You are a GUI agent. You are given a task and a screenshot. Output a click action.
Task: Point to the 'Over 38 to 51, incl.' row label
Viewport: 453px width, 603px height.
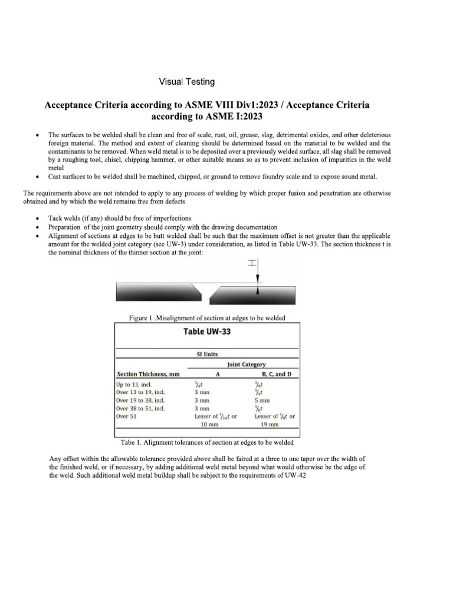(140, 408)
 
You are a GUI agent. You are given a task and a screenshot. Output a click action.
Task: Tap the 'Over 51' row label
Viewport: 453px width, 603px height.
(126, 416)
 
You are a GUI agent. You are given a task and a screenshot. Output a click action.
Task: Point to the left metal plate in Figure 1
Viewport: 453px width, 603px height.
(156, 291)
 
